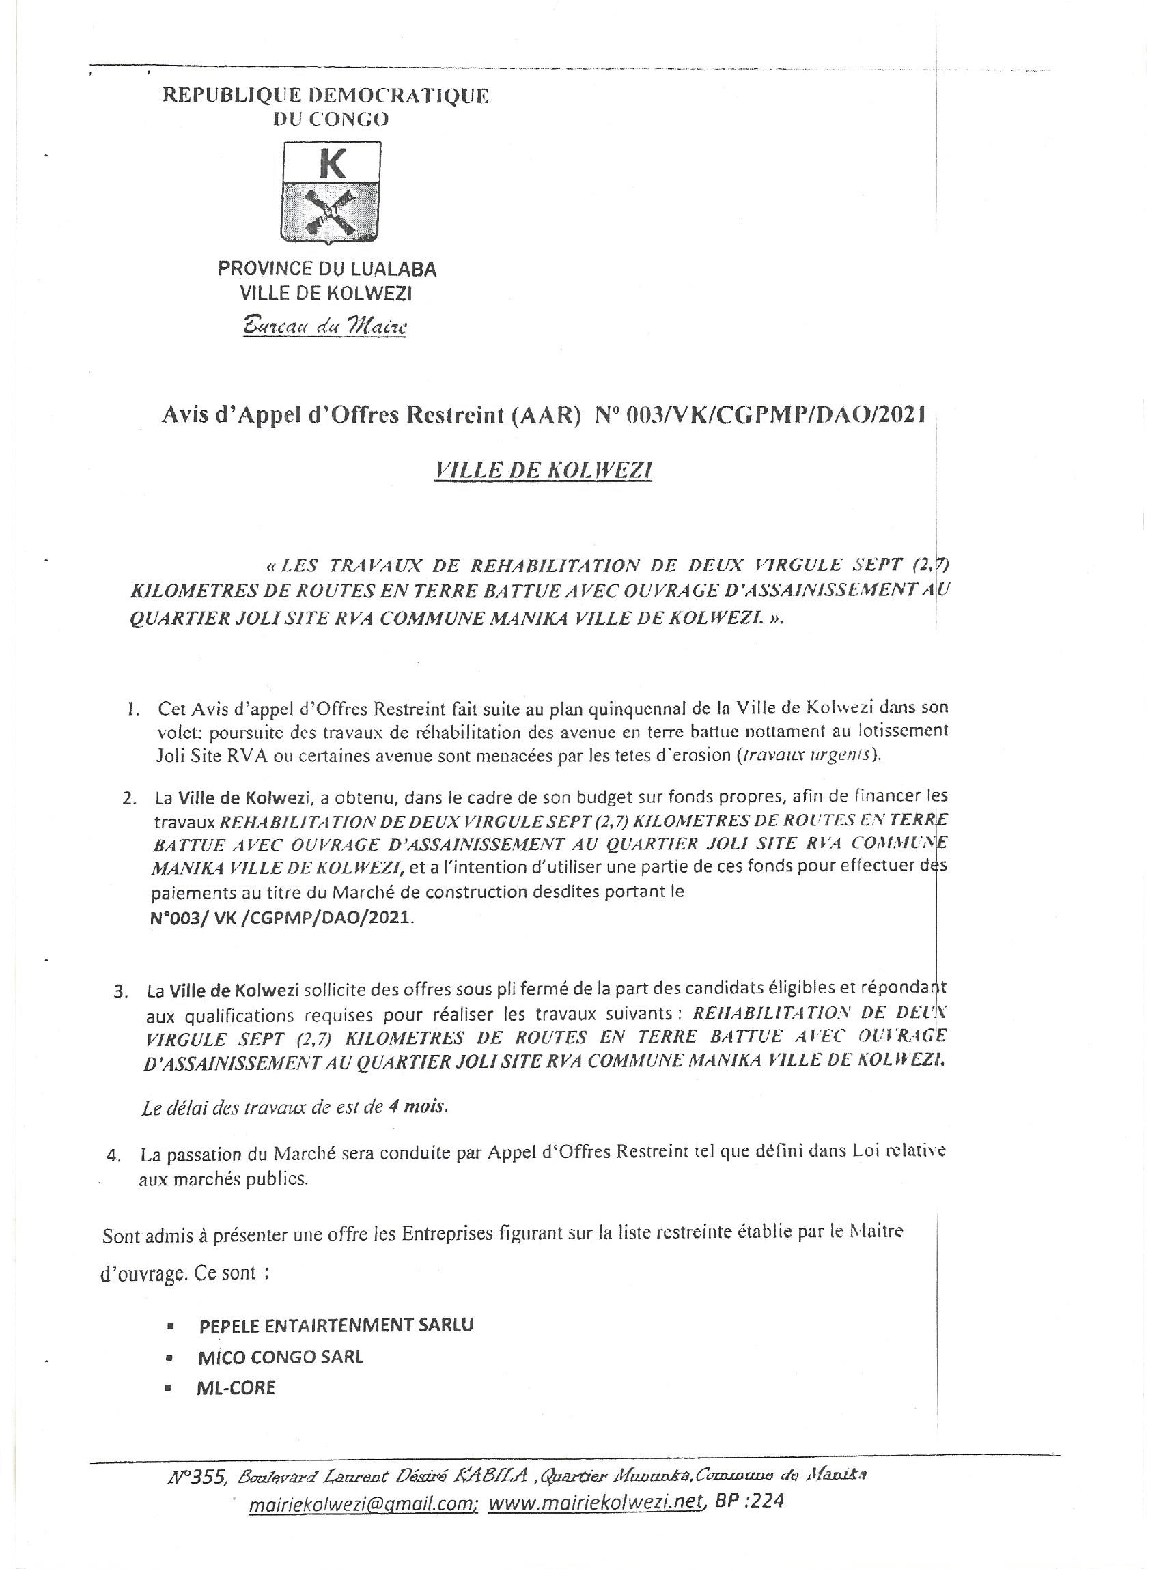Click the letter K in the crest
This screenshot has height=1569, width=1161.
331,164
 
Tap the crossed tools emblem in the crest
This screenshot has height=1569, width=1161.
331,214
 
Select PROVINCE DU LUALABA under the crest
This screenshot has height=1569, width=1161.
327,268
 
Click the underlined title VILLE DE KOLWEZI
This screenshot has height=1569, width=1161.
543,470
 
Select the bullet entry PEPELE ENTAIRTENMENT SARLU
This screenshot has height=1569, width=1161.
337,1325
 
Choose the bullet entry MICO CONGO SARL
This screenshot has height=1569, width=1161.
281,1357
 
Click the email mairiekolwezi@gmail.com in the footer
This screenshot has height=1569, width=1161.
364,1502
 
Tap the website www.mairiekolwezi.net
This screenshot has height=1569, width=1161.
597,1501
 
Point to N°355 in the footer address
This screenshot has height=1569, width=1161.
197,1476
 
